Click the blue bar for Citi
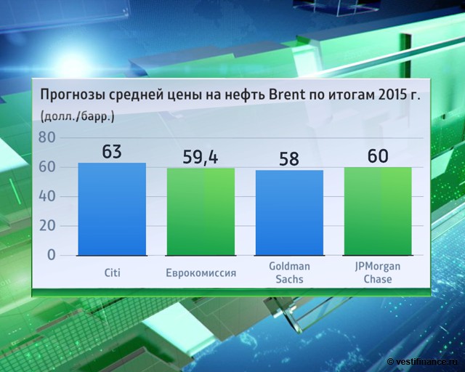coord(112,209)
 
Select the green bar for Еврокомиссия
coord(201,211)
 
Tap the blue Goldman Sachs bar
coord(289,212)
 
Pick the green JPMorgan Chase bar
coord(378,211)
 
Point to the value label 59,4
coord(201,157)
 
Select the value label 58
coord(289,159)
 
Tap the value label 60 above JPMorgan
coord(378,156)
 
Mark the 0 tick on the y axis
coord(51,255)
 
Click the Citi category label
coord(112,273)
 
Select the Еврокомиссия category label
coord(201,273)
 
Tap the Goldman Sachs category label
coord(289,273)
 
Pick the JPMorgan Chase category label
coord(378,273)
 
